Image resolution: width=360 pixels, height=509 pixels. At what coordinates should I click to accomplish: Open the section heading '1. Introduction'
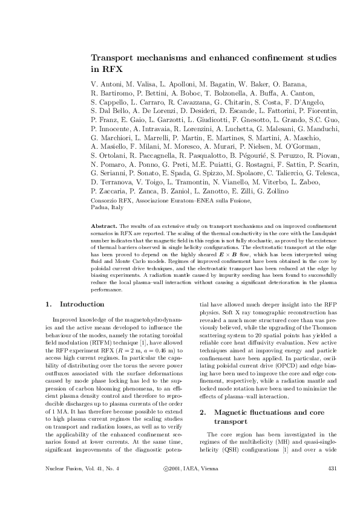point(75,303)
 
